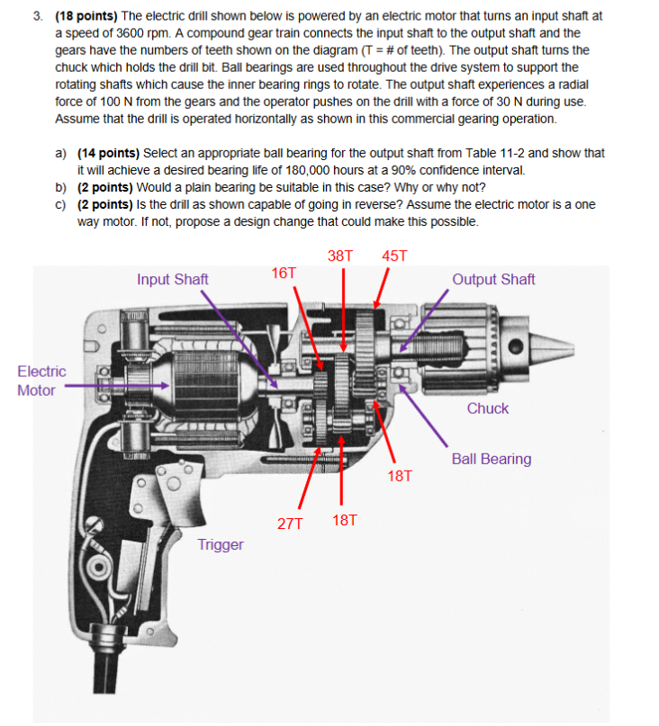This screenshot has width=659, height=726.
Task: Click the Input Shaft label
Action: (172, 279)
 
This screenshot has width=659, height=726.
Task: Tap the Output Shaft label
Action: (493, 279)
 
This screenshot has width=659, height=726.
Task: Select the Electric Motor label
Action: (41, 381)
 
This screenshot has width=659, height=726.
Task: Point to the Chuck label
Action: (487, 408)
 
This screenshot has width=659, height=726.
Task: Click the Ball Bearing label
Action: (491, 459)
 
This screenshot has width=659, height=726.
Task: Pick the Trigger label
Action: (221, 544)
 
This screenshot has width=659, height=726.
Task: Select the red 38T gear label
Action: (340, 255)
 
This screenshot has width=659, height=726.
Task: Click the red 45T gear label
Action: (394, 255)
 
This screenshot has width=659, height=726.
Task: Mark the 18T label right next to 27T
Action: (344, 520)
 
